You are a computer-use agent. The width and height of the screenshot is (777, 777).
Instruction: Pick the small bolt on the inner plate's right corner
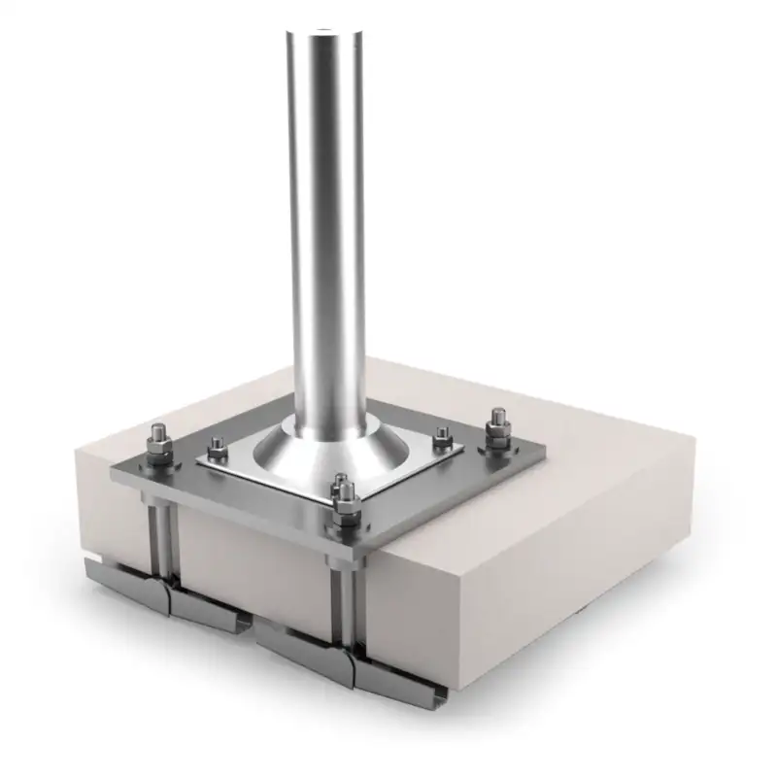click(x=442, y=435)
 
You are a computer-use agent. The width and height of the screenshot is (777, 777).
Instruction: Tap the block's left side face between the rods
click(x=253, y=563)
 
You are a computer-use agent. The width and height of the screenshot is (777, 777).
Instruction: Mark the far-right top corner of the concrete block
click(x=692, y=434)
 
